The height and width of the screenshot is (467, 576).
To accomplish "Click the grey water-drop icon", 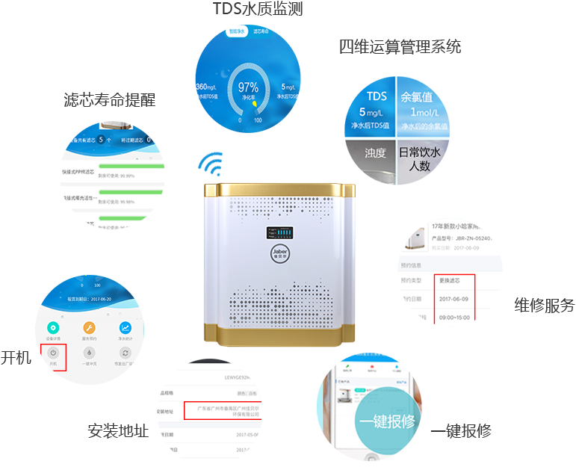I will pyautogui.click(x=88, y=353).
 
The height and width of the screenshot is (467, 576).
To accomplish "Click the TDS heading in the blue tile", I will pyautogui.click(x=377, y=96).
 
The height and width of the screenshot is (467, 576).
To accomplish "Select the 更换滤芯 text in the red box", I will pyautogui.click(x=455, y=280).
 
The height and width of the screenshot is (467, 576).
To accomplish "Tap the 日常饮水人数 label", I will pyautogui.click(x=421, y=158).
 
